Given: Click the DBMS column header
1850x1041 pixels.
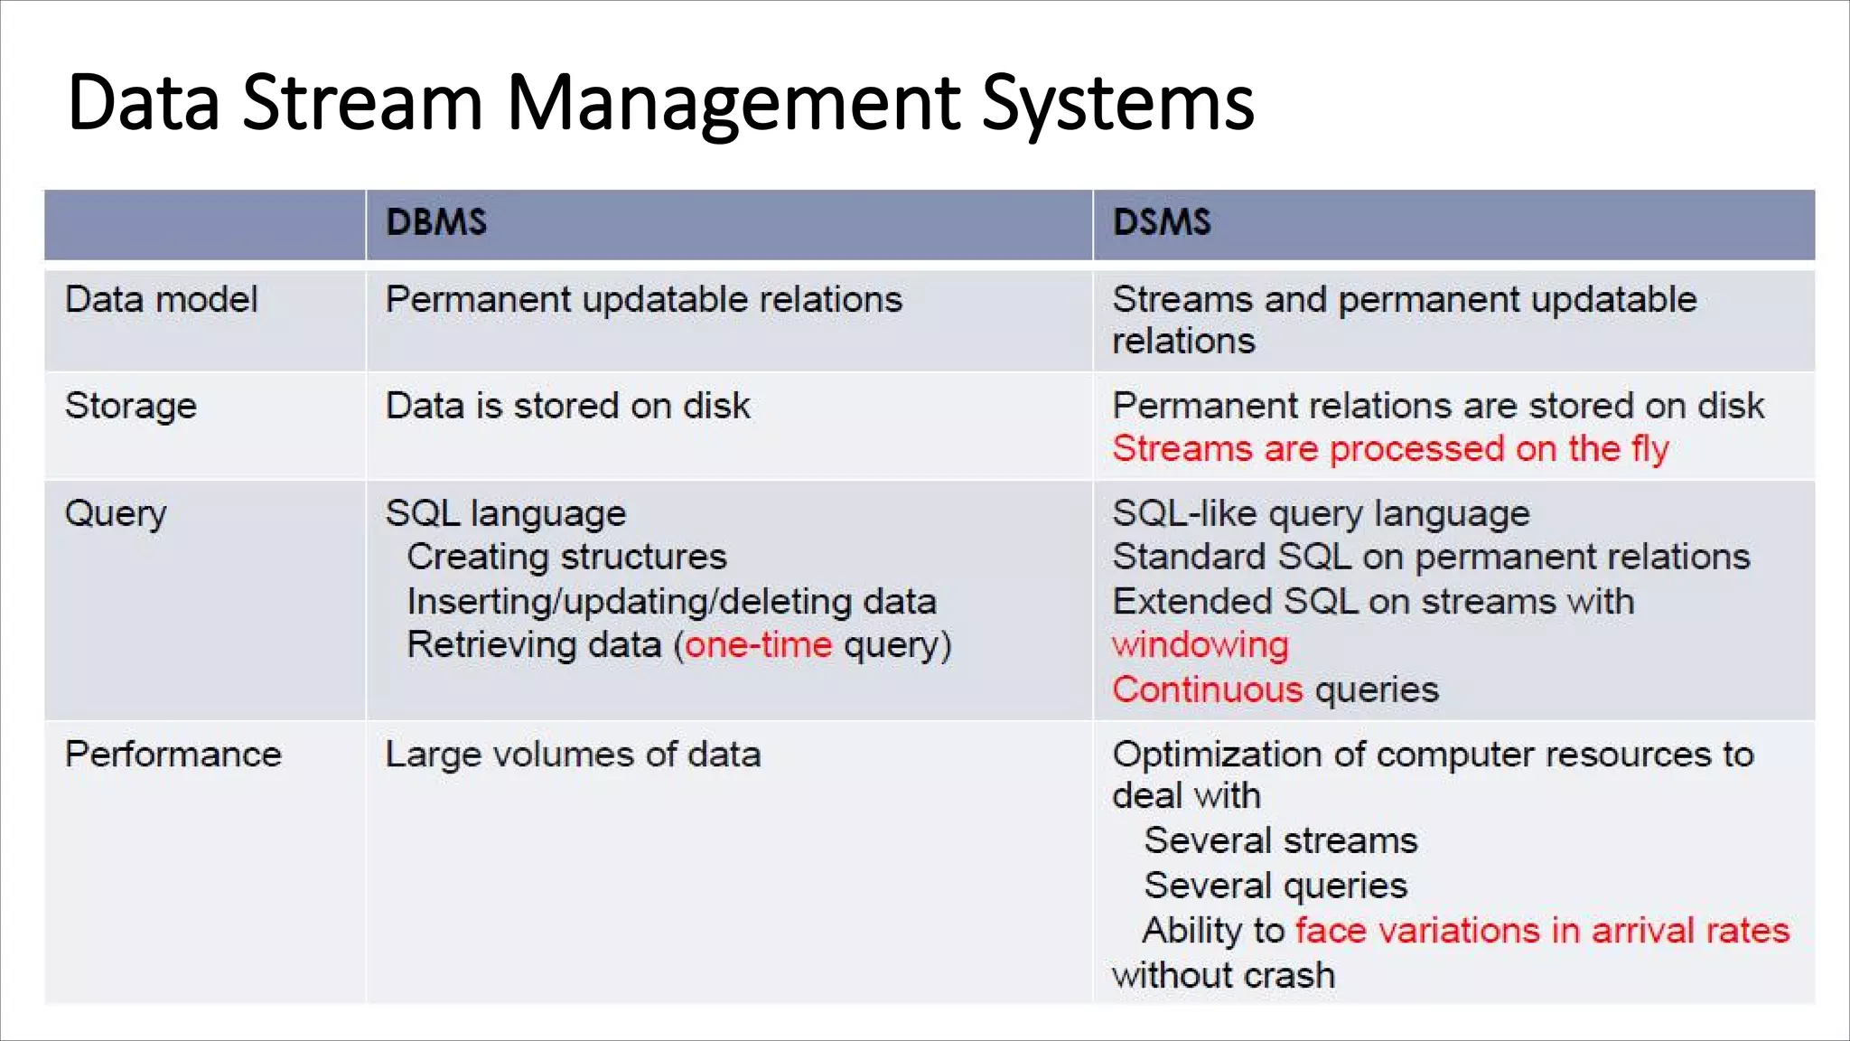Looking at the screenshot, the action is point(436,222).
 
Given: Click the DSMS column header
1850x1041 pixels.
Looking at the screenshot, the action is point(1162,222).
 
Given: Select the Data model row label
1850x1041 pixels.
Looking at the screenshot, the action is point(161,300).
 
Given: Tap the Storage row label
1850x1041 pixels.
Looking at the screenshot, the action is point(131,407).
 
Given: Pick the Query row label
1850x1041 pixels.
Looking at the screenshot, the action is point(116,514).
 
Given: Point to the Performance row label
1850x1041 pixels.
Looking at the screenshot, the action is point(173,755).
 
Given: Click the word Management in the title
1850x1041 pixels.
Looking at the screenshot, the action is point(733,102).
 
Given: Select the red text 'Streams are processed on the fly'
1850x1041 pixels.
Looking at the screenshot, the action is point(1390,449).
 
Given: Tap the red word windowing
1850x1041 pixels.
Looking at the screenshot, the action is point(1201,645).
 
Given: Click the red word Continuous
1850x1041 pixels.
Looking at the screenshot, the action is point(1208,690).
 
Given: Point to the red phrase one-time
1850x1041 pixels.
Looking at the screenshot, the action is point(759,645).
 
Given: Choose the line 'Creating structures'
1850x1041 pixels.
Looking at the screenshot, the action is point(566,557).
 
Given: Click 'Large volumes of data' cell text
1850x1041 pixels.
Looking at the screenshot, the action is point(573,755).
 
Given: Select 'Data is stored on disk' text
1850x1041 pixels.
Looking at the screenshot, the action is point(567,407).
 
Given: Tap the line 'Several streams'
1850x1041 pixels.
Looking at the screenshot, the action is point(1281,841).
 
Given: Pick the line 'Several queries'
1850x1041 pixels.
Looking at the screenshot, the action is point(1275,886).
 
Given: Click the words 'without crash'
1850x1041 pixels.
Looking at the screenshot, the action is point(1224,976).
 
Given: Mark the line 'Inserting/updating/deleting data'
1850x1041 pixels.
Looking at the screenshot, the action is point(671,602).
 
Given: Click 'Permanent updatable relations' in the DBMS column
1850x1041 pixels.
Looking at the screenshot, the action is point(644,300).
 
